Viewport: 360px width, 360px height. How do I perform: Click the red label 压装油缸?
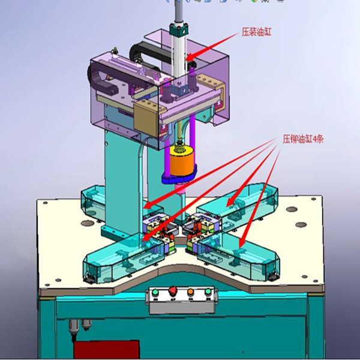pyautogui.click(x=256, y=32)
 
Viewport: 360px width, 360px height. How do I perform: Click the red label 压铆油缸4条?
pyautogui.click(x=303, y=139)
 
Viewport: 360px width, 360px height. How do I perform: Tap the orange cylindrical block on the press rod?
pyautogui.click(x=182, y=161)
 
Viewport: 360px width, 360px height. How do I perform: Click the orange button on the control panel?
pyautogui.click(x=191, y=292)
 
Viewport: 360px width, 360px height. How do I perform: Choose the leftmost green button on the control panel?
pyautogui.click(x=155, y=293)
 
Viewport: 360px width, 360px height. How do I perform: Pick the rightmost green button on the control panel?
pyautogui.click(x=208, y=292)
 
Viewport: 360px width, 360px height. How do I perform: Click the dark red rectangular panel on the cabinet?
pyautogui.click(x=107, y=350)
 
